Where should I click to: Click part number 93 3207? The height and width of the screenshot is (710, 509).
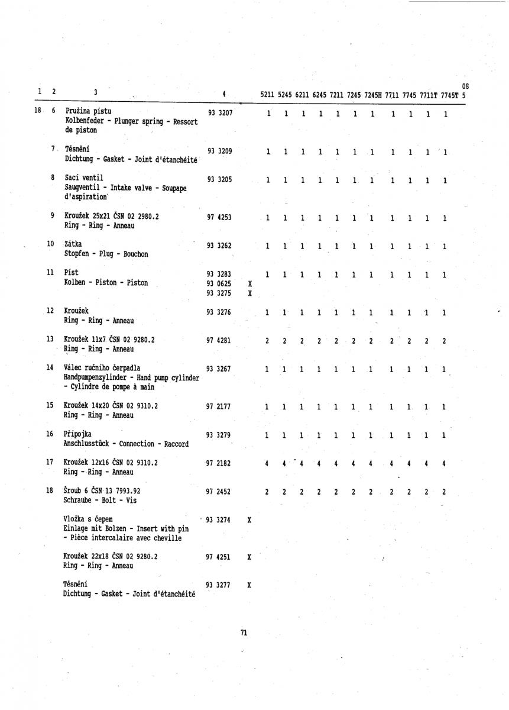tap(219, 112)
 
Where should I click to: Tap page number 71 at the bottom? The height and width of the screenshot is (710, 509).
tap(243, 633)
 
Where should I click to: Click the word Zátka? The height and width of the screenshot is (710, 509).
tap(73, 244)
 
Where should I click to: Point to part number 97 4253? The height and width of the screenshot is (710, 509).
tap(219, 218)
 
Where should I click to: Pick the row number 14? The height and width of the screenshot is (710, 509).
tap(51, 367)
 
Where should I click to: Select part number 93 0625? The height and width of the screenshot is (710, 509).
tap(219, 283)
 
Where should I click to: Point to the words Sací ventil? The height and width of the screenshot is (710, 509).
tap(83, 176)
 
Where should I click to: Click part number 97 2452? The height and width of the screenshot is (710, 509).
tap(219, 491)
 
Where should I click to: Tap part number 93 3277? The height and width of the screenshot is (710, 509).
tap(219, 586)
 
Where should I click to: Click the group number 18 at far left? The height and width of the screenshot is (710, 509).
tap(37, 111)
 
